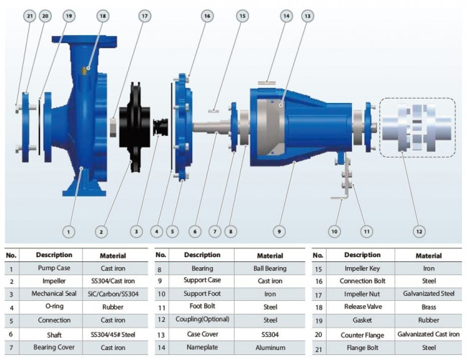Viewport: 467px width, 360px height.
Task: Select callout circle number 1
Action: pyautogui.click(x=68, y=232)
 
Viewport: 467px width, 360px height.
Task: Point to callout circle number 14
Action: pyautogui.click(x=286, y=16)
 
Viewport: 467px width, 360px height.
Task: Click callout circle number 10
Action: pyautogui.click(x=334, y=232)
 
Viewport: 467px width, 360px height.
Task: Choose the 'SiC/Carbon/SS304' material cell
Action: pyautogui.click(x=115, y=294)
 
